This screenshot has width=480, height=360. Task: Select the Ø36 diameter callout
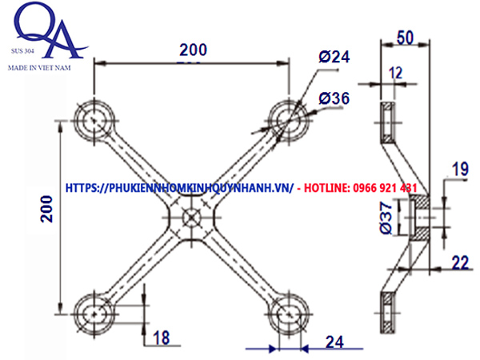tap(334, 98)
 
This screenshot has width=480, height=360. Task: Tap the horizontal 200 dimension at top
tap(192, 49)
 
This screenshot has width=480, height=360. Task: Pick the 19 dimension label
tap(458, 169)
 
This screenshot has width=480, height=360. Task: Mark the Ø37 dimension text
tap(385, 218)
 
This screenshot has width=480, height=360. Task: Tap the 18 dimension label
tap(161, 338)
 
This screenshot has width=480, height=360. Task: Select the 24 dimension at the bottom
tap(334, 342)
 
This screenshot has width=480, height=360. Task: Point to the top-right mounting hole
tap(287, 121)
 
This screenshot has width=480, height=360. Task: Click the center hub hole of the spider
tap(191, 216)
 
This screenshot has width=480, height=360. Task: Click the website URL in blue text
tap(178, 187)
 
